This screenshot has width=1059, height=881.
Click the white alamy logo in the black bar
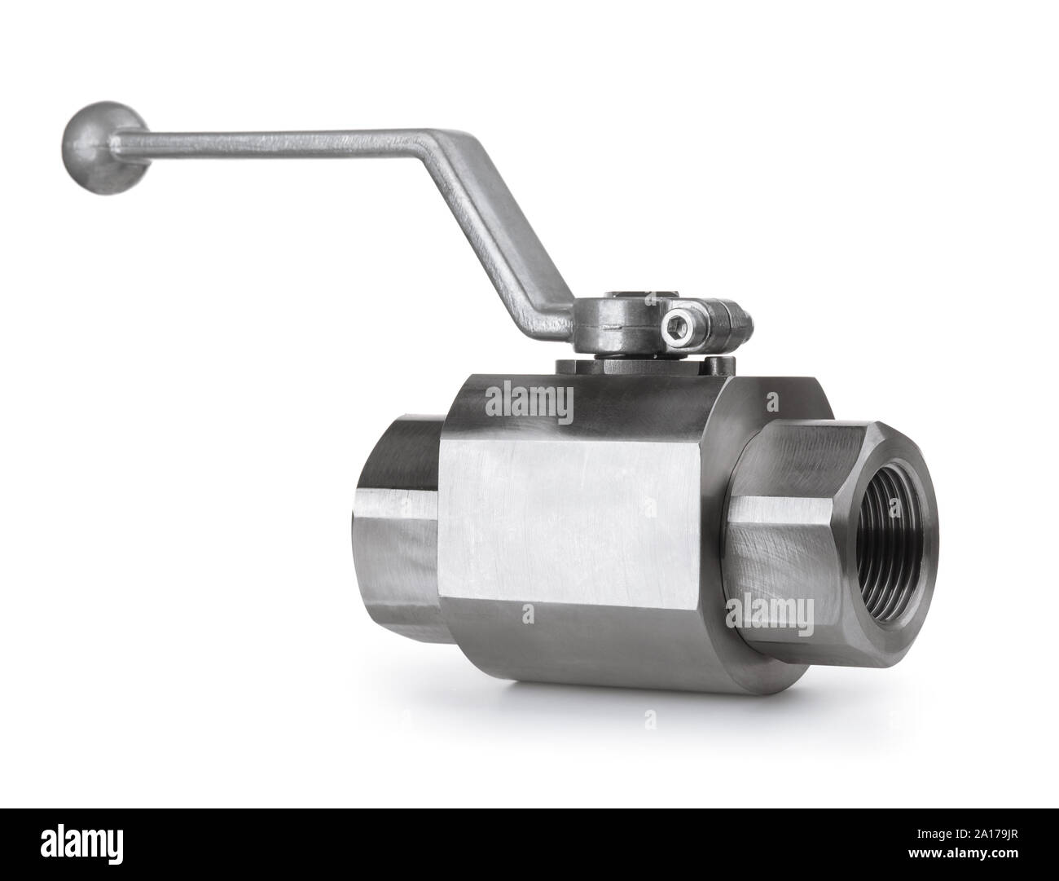[x=77, y=844]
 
